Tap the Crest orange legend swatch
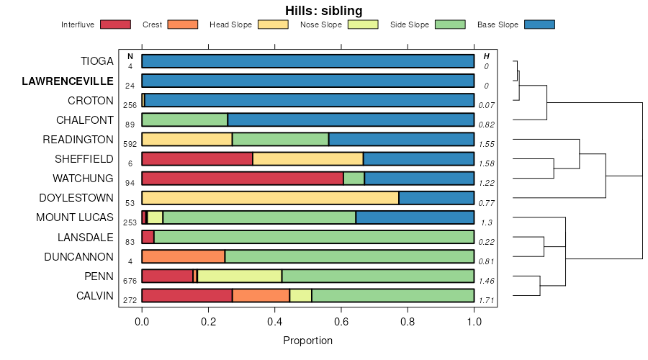pos(182,24)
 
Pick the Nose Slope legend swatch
pos(363,24)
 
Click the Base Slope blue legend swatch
pos(539,24)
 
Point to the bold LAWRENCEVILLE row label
pos(68,81)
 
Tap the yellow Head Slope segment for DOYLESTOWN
pos(270,198)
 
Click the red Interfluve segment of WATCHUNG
pos(243,179)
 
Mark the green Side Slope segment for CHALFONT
pos(184,120)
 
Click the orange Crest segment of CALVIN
pos(261,295)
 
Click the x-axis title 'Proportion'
pos(308,341)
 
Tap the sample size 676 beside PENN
pos(130,281)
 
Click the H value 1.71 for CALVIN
pos(487,300)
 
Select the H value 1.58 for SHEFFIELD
pos(487,164)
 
